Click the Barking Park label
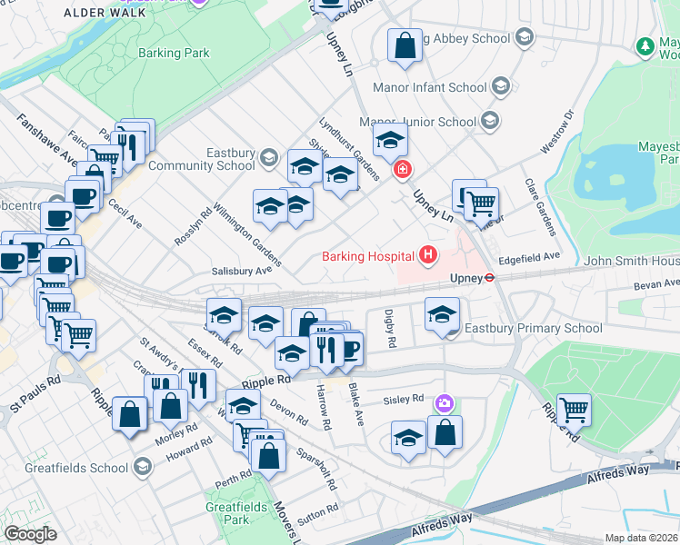click(174, 53)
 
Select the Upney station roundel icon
click(489, 278)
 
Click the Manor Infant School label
click(430, 88)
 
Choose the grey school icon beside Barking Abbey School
click(525, 38)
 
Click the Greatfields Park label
click(226, 513)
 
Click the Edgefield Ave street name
click(528, 257)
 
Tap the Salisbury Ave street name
click(242, 271)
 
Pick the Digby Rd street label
click(392, 328)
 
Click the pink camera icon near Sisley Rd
click(444, 402)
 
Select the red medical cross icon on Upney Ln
click(402, 170)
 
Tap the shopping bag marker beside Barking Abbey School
click(405, 45)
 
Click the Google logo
click(30, 534)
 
